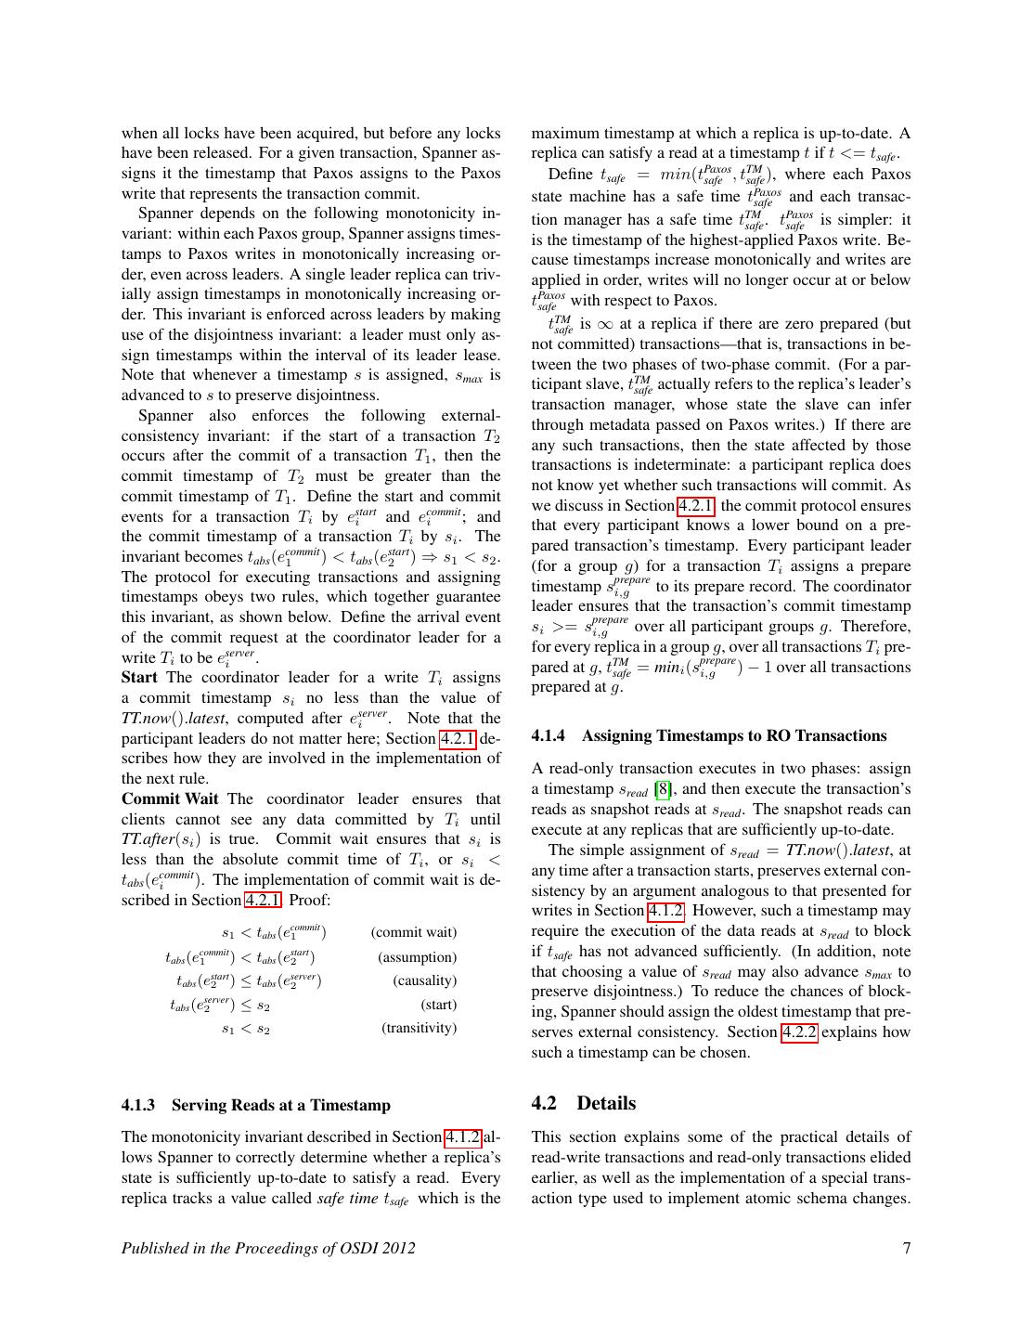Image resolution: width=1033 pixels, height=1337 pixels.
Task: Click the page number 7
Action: (906, 1248)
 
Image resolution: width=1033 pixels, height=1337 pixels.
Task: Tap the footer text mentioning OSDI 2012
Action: (268, 1248)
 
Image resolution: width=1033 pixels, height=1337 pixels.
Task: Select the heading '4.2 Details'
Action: (584, 1103)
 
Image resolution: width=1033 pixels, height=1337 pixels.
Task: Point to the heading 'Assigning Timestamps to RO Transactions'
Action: (709, 735)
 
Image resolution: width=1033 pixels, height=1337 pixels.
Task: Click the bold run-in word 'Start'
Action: (139, 678)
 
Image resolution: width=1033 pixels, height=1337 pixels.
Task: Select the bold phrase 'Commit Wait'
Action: (170, 798)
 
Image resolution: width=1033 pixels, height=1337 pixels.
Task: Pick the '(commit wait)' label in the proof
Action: (413, 932)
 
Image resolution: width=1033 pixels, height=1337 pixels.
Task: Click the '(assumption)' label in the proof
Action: (417, 957)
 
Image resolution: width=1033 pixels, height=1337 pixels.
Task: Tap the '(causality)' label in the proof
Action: (424, 980)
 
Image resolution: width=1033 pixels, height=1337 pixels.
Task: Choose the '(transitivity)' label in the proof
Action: (419, 1028)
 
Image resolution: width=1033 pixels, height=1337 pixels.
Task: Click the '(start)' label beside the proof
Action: (438, 1005)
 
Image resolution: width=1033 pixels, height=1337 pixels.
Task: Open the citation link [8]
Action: (663, 789)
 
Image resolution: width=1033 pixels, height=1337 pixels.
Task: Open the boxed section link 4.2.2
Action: (799, 1032)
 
